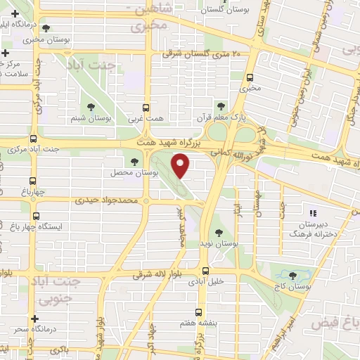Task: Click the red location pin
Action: (182, 167)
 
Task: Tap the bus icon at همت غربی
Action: (146, 108)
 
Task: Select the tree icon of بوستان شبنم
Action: (91, 107)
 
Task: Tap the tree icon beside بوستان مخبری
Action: (46, 29)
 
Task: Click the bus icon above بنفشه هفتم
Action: (198, 311)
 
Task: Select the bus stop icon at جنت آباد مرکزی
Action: (32, 139)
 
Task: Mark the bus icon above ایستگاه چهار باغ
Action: (36, 217)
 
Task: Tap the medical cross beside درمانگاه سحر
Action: (15, 328)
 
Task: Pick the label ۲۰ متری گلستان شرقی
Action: (201, 53)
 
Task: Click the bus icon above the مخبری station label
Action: (250, 78)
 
